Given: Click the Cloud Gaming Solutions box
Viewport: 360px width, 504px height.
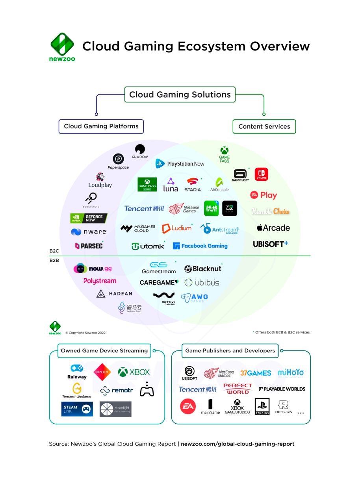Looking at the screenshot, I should pos(180,94).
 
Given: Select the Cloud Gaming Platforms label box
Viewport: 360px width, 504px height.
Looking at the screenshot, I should pos(101,126).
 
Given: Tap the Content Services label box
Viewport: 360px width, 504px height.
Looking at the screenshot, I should pos(264,126).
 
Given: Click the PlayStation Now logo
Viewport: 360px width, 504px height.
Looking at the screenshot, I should pos(180,164).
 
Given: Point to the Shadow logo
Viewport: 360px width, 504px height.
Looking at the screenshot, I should pos(140,152).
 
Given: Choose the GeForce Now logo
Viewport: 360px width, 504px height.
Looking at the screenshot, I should pos(89,219).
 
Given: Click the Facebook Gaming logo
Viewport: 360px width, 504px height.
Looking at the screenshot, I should pos(200,246).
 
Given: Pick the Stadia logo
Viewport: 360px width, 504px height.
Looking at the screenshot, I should pos(193,185).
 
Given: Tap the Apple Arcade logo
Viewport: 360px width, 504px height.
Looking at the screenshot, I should pos(273,228).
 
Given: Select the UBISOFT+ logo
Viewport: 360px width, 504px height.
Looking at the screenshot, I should pos(271,244).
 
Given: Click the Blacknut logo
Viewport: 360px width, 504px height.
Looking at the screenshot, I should pos(203,269).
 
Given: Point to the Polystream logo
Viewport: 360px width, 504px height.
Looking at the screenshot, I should pos(100,281).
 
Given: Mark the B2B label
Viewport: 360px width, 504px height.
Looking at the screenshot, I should pos(54,260).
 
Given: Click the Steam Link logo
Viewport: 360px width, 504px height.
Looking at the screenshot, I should pos(77,409).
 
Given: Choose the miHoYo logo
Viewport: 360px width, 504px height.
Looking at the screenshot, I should pos(291,372).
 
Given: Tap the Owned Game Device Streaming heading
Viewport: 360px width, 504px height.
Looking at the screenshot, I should pos(104,350).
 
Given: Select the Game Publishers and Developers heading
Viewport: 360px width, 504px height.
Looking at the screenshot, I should pos(230,350).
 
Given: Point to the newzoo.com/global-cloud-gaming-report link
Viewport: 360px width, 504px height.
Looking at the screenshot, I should pos(238,444).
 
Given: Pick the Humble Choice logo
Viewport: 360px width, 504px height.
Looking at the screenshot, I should pos(271,211).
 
